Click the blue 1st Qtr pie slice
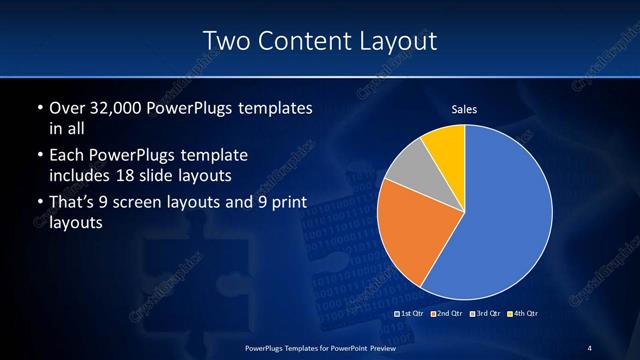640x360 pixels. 500,215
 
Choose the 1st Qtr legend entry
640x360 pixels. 412,314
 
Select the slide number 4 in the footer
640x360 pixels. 589,347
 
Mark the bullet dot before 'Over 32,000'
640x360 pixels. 38,108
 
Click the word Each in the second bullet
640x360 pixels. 67,156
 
